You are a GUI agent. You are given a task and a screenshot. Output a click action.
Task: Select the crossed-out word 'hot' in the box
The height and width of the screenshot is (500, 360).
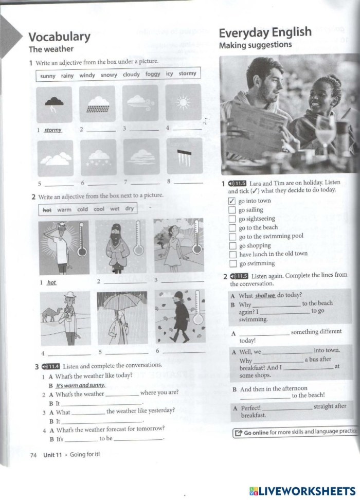point(47,209)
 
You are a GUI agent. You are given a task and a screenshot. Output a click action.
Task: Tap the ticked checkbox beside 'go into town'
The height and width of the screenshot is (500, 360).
point(232,201)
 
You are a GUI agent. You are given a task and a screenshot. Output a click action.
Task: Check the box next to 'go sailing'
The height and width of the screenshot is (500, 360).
point(232,210)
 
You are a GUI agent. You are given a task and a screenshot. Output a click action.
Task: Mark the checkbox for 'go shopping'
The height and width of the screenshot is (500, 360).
point(232,246)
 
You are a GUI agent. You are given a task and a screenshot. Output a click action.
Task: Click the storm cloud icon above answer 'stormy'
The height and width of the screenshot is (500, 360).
point(54,103)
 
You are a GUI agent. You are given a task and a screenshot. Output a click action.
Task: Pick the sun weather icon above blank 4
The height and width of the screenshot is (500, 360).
point(183,103)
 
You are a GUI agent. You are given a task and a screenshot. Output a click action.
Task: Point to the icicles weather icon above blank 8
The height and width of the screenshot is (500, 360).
point(183,156)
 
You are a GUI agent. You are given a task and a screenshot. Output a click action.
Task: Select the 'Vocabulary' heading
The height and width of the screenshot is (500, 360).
point(59,37)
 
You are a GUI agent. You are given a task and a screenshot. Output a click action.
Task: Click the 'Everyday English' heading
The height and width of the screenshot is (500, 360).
point(265,32)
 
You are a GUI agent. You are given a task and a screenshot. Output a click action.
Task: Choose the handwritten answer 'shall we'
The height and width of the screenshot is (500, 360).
point(265,295)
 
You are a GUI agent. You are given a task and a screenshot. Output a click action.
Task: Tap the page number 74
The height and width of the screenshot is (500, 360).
point(33,455)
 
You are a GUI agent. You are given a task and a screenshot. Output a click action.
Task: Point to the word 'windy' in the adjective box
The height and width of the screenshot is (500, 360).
point(87,76)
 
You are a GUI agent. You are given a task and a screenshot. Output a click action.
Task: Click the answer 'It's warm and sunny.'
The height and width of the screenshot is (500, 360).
point(80,385)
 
